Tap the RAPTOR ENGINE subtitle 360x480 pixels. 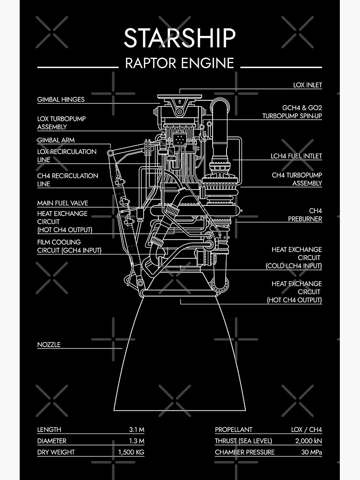(180, 63)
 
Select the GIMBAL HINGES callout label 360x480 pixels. (61, 100)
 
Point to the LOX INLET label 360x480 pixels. (308, 85)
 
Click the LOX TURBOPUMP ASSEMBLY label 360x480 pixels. (61, 123)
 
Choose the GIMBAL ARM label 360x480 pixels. (56, 140)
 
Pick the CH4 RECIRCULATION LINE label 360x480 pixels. (68, 180)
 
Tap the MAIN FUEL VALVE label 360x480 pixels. (63, 203)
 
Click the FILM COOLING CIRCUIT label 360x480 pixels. (70, 246)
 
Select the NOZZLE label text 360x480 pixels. (49, 345)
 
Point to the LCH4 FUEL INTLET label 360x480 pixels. (296, 156)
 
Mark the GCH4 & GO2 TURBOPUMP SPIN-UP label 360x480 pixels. (292, 112)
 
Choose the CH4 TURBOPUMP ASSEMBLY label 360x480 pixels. (297, 179)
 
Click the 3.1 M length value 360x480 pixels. (136, 430)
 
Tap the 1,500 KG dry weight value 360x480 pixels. (131, 452)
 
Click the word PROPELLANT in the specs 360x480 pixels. (233, 430)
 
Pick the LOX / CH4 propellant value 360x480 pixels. (306, 430)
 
